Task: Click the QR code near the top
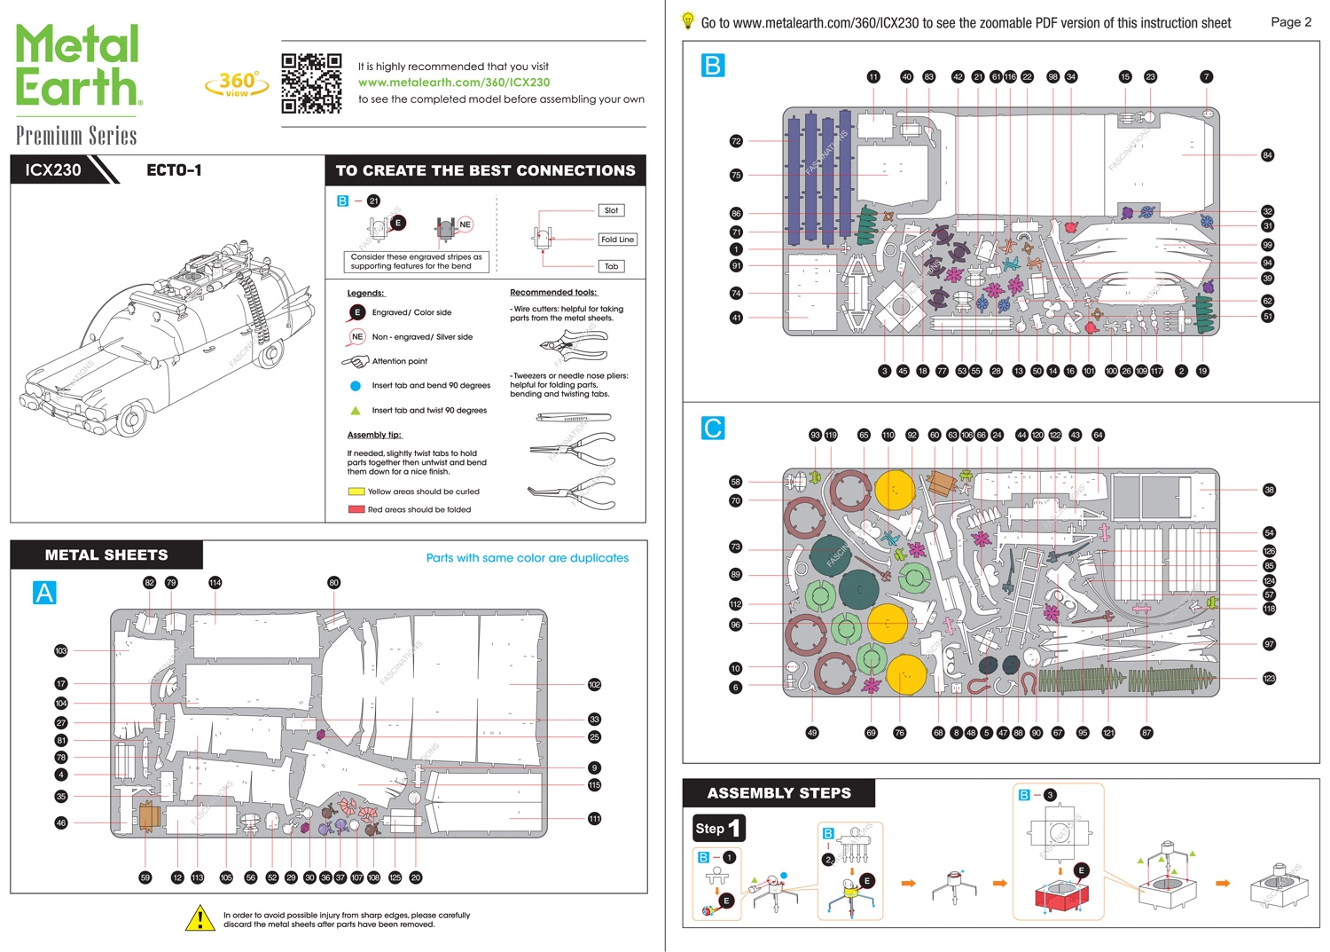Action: point(311,83)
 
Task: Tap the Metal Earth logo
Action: point(78,66)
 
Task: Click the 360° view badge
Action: point(237,83)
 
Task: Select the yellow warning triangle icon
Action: point(200,918)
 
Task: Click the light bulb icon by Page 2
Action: point(687,20)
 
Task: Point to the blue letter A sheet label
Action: point(44,592)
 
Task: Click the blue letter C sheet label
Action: point(712,428)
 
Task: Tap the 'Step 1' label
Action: point(718,828)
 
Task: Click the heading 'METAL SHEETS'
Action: point(106,555)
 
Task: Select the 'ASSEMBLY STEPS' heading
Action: point(778,793)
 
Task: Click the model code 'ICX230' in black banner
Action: point(53,169)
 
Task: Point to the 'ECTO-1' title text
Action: point(174,169)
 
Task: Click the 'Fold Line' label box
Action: point(617,240)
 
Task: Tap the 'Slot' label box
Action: point(611,210)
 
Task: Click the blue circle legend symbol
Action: point(356,386)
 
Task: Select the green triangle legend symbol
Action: point(356,410)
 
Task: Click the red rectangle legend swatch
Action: point(356,509)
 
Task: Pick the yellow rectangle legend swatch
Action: point(356,492)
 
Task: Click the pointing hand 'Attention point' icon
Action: point(356,361)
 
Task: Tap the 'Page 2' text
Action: point(1291,22)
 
